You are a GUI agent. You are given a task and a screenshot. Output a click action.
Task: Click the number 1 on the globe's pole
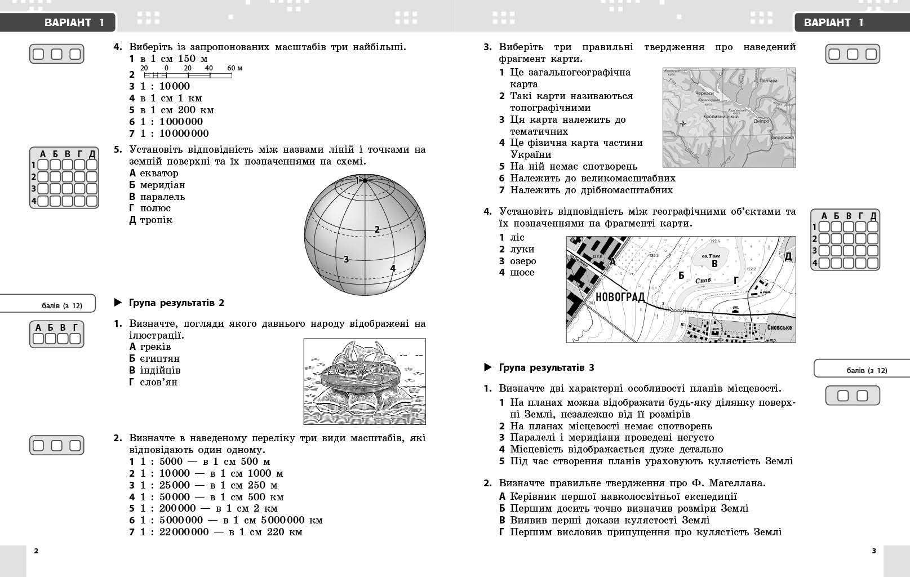[x=357, y=180]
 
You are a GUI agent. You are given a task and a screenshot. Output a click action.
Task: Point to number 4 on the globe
[x=393, y=268]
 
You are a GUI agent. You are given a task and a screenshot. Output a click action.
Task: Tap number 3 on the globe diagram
[x=346, y=259]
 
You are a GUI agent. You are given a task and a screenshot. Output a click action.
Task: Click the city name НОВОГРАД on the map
[x=620, y=297]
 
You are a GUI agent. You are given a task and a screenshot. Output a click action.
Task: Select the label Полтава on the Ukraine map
[x=768, y=81]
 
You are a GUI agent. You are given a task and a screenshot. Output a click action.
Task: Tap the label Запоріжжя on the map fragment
[x=781, y=137]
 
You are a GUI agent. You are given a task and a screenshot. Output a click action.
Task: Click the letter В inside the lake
[x=714, y=264]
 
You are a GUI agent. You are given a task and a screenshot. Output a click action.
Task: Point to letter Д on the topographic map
[x=788, y=257]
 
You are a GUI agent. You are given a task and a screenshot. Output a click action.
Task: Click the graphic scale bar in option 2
[x=189, y=75]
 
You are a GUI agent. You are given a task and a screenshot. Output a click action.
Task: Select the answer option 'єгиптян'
[x=159, y=358]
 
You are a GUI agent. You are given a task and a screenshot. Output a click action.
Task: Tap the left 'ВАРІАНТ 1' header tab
[x=74, y=23]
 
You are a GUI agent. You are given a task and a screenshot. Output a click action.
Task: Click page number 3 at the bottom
[x=874, y=551]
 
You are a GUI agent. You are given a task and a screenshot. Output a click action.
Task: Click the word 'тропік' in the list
[x=156, y=220]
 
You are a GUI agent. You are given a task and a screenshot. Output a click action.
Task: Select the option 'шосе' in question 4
[x=522, y=272]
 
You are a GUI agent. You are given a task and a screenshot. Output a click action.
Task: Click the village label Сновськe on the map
[x=779, y=327]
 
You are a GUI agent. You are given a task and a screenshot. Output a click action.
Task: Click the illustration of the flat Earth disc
[x=365, y=381]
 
